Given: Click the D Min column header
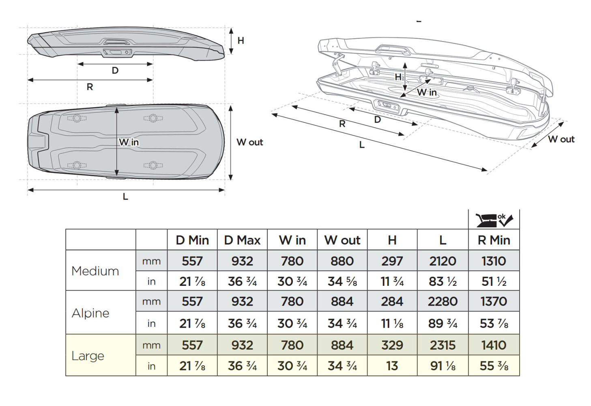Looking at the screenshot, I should click(x=192, y=240).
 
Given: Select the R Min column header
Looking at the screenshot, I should click(x=494, y=240).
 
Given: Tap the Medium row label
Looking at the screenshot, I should click(x=95, y=271).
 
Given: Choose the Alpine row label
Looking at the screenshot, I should click(x=90, y=313).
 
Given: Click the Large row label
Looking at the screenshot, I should click(x=88, y=356).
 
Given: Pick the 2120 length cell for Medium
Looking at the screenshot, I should click(x=443, y=261).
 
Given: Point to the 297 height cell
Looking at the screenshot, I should click(x=392, y=261).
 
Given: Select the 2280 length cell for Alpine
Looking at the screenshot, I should click(x=443, y=301).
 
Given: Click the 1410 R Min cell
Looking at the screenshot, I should click(x=494, y=345).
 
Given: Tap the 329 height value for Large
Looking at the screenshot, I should click(x=392, y=345).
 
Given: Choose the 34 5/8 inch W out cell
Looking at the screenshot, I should click(x=342, y=281).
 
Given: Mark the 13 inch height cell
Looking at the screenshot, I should click(x=392, y=366).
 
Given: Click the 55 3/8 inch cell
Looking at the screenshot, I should click(x=494, y=366).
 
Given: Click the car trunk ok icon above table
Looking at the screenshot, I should click(x=494, y=220).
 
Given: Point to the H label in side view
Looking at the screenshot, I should click(x=241, y=41).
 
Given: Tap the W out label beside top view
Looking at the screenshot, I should click(x=249, y=142).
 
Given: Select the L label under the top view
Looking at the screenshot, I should click(x=125, y=197).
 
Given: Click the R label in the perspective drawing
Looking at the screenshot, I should click(x=342, y=124).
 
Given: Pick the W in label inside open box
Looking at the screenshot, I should click(x=427, y=93).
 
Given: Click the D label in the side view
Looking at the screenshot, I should click(x=115, y=71).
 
